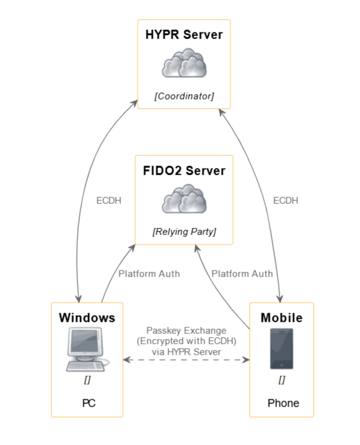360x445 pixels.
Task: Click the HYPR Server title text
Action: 184,35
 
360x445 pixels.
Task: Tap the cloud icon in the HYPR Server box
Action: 184,63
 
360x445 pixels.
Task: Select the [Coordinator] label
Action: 184,96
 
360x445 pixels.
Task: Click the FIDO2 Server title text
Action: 184,171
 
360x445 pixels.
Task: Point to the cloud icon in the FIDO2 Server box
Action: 184,200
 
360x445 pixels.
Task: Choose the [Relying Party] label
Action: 184,232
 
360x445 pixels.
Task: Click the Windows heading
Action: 87,318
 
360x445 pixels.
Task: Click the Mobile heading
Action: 281,318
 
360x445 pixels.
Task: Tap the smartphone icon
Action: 281,349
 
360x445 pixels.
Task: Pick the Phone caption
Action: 283,403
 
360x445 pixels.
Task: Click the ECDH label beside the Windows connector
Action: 109,200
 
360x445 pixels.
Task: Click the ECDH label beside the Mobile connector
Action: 286,200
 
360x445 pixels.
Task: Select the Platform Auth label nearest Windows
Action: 149,273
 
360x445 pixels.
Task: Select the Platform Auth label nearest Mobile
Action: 242,273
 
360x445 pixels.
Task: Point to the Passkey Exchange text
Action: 186,330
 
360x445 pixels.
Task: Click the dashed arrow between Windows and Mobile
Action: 186,360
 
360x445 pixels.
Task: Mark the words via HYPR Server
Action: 186,351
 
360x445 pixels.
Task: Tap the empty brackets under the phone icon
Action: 281,380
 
